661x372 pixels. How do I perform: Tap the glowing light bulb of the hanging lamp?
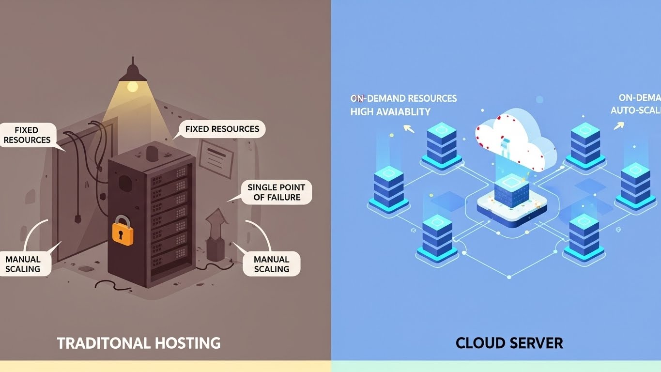(x=132, y=87)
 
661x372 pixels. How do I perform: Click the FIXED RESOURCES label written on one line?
(x=222, y=129)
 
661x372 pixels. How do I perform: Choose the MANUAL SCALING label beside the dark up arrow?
(x=271, y=264)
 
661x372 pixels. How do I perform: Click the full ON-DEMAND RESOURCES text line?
(x=403, y=98)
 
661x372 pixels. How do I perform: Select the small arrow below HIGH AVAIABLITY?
(x=409, y=128)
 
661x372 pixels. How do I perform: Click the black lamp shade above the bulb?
(x=132, y=73)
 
